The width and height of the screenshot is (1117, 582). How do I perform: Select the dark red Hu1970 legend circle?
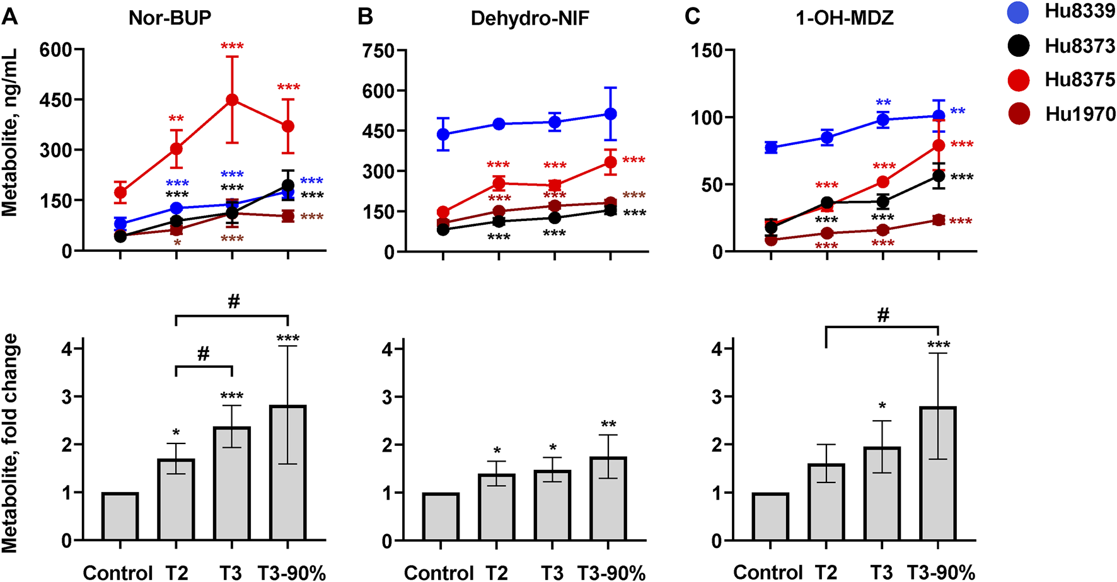click(1019, 113)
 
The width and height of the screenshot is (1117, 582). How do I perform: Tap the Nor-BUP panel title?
click(170, 17)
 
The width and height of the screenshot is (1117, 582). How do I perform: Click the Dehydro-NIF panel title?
click(530, 18)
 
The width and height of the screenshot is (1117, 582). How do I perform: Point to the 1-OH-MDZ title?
click(845, 17)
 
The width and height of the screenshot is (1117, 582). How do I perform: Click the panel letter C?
click(692, 16)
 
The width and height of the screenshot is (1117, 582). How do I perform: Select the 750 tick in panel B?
click(378, 50)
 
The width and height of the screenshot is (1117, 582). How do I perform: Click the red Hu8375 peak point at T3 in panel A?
click(232, 100)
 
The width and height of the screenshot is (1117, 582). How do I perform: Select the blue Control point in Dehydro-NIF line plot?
click(443, 134)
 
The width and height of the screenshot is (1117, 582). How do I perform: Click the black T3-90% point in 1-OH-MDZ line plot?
click(939, 176)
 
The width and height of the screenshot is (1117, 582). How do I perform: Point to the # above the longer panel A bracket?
click(234, 302)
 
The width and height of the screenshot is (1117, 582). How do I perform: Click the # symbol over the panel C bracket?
click(883, 315)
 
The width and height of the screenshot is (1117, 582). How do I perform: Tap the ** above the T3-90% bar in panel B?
click(608, 425)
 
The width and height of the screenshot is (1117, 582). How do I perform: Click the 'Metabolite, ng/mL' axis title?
click(9, 133)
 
